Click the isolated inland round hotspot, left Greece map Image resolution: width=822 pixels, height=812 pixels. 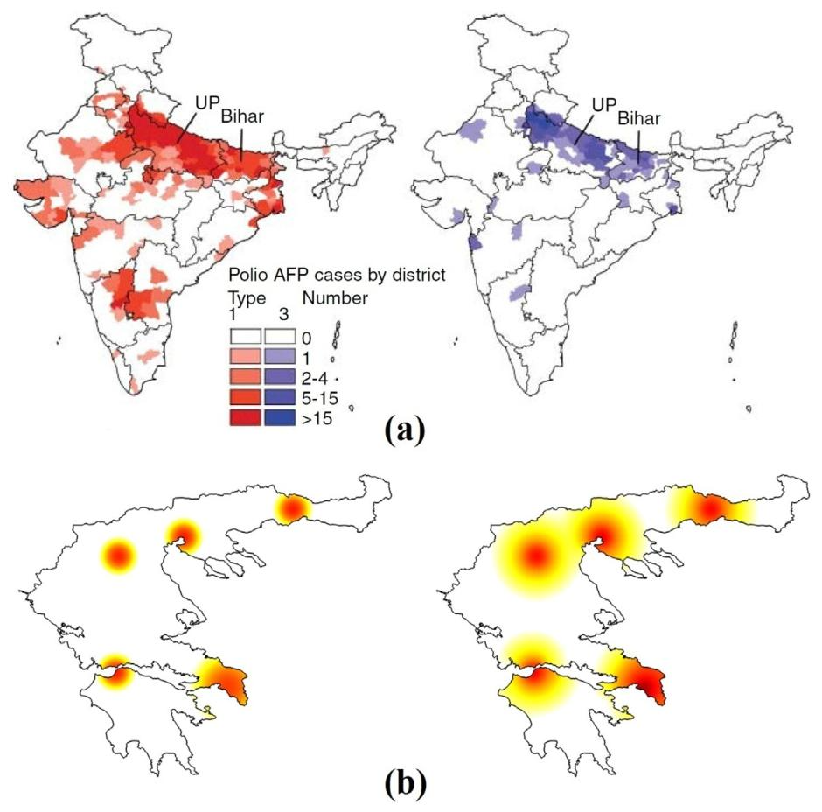119,555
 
